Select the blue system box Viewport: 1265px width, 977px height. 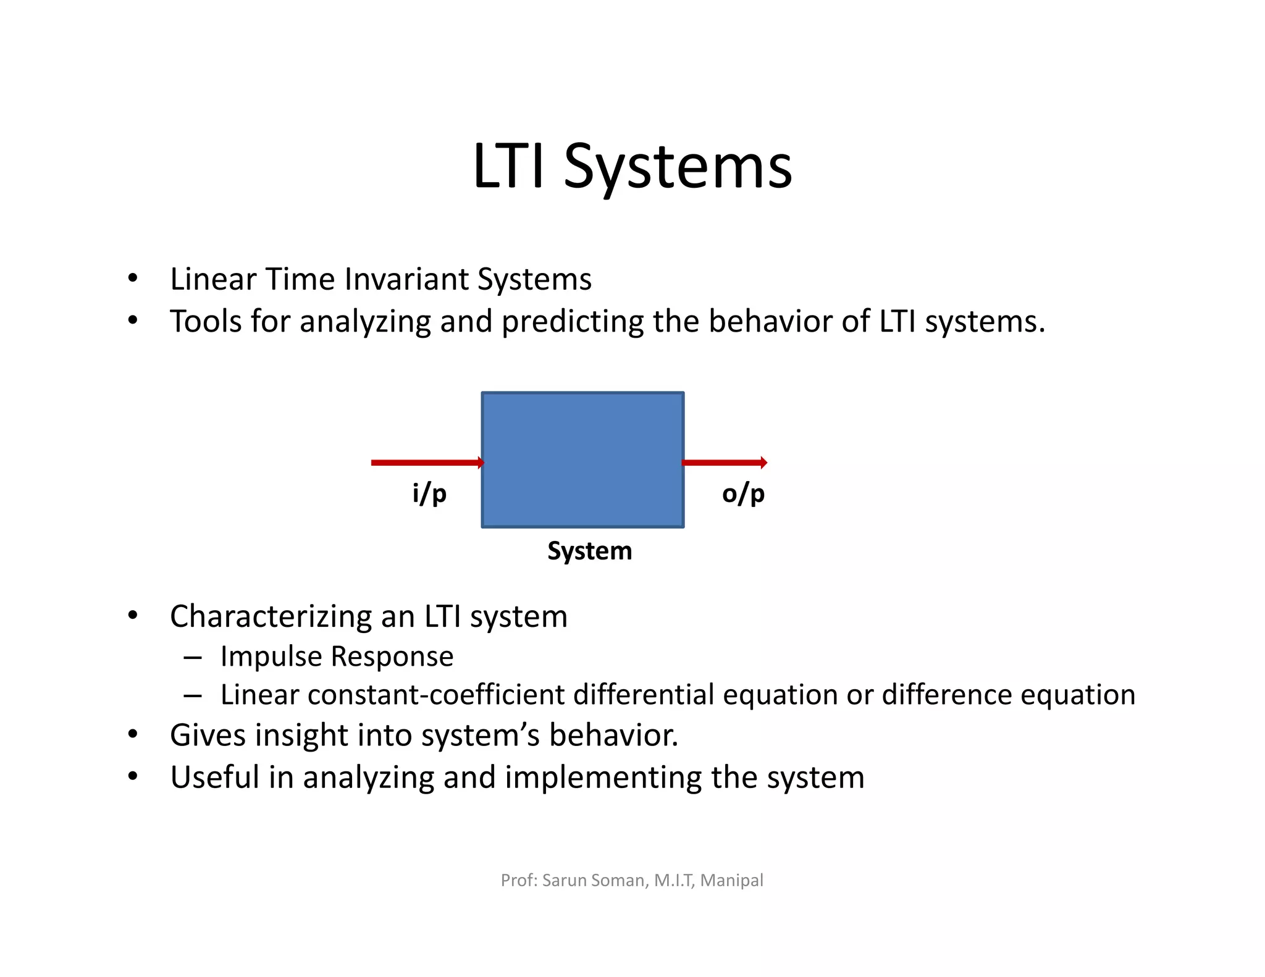pos(582,459)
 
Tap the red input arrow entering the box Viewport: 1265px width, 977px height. pos(426,463)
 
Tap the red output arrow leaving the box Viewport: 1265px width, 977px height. pos(724,463)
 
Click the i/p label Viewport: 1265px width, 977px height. pos(429,494)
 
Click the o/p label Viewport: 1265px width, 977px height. pos(743,494)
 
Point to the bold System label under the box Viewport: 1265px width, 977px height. pos(589,551)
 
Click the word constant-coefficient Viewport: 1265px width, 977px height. pos(435,695)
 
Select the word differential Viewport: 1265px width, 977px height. pos(644,695)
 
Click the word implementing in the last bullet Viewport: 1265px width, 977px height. pos(602,778)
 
